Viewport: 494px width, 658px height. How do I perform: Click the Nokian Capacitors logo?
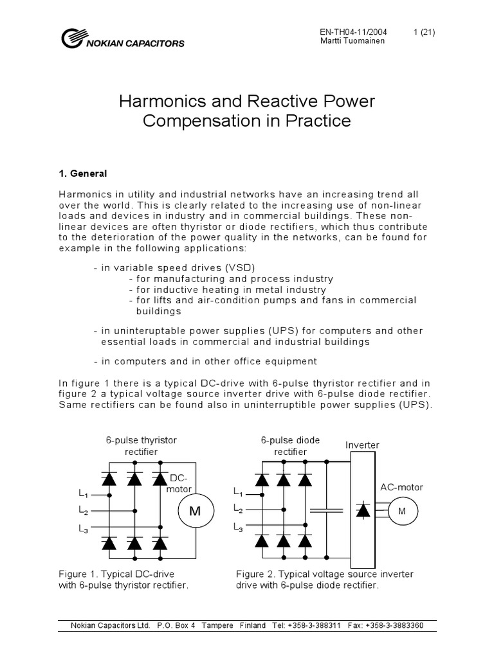(122, 39)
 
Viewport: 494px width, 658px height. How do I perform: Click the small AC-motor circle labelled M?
(403, 511)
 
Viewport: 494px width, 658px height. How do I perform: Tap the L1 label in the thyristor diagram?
(83, 495)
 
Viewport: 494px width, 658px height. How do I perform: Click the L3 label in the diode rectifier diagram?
(238, 528)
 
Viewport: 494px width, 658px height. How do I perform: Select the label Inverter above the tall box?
(363, 445)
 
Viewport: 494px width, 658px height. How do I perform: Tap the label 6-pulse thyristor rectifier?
(142, 445)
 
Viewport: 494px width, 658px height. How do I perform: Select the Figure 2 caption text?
(324, 580)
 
